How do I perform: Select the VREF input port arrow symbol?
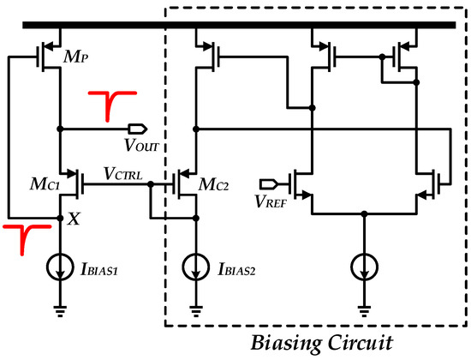click(267, 182)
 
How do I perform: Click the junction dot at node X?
click(59, 218)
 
